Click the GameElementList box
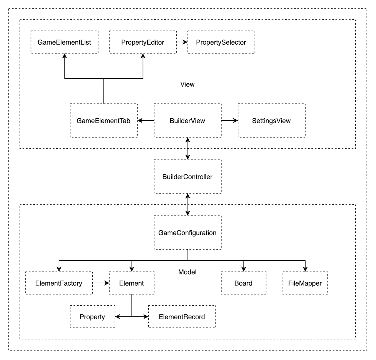[64, 42]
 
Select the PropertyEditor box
[142, 42]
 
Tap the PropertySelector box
[221, 42]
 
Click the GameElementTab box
[103, 121]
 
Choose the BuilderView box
[187, 121]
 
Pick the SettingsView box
[271, 121]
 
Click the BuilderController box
[187, 177]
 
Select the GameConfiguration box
[187, 233]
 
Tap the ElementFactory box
[59, 283]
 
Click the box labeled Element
[131, 283]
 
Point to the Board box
[243, 283]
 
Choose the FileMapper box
[305, 283]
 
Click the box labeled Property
[92, 317]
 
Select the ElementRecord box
[182, 317]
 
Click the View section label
[187, 84]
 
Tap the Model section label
[187, 272]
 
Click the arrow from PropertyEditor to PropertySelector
[182, 42]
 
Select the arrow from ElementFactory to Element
[101, 283]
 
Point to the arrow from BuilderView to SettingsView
[230, 121]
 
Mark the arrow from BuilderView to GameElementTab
[146, 121]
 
